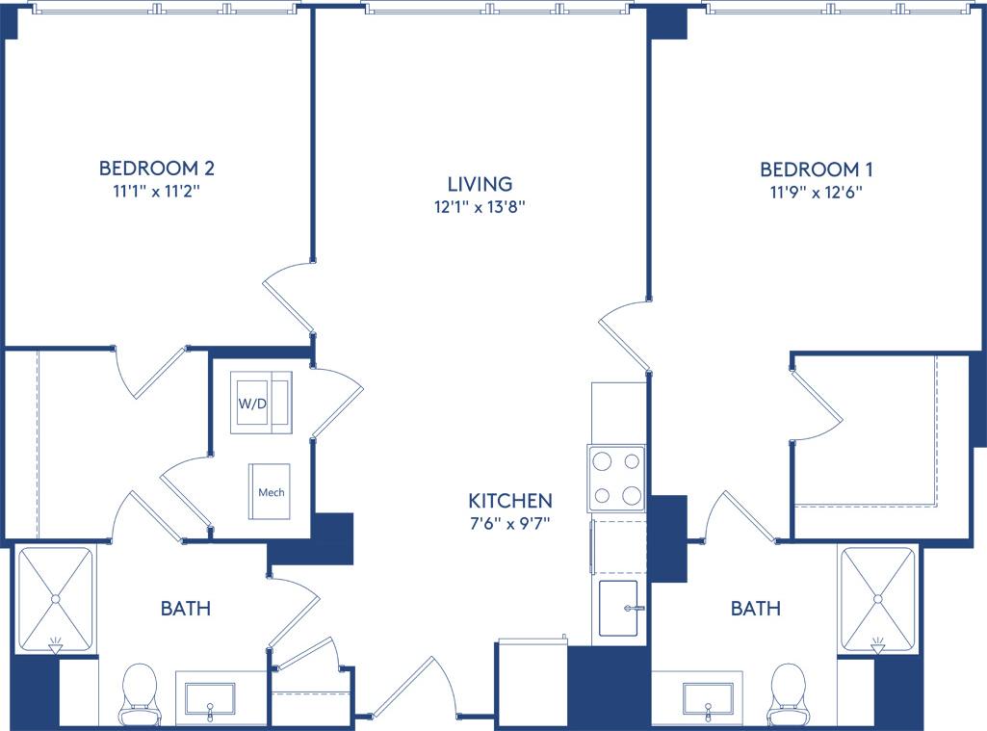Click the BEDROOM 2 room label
click(156, 169)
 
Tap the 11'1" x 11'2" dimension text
click(156, 191)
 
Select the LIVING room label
click(480, 183)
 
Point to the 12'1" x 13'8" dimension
click(480, 206)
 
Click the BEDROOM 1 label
click(817, 170)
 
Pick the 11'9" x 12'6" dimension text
click(817, 192)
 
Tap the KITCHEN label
click(510, 501)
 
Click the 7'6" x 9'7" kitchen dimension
click(510, 524)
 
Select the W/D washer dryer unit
click(261, 403)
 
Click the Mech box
click(271, 491)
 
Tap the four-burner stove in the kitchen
click(616, 478)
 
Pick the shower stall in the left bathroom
click(56, 599)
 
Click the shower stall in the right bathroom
click(877, 598)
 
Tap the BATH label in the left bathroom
click(185, 609)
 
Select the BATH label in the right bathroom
click(755, 609)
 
